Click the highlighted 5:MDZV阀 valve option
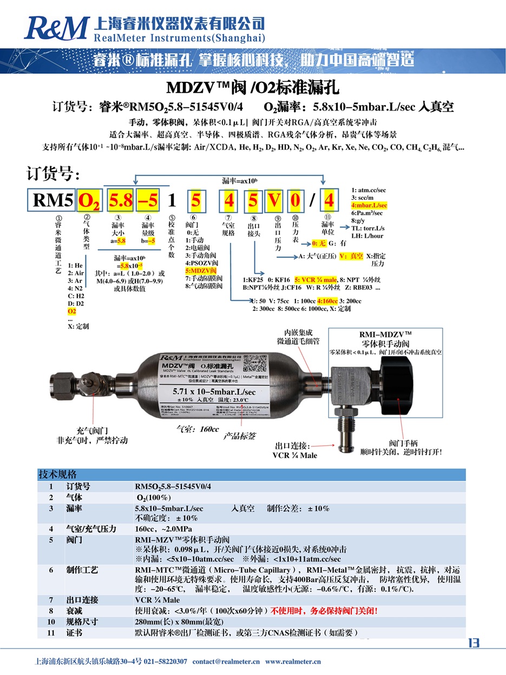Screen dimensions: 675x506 tap(201, 270)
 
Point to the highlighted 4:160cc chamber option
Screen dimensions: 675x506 tap(327, 301)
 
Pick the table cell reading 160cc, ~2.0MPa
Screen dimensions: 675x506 tap(163, 529)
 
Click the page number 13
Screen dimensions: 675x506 tap(473, 643)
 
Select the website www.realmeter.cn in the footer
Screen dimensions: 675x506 tap(293, 661)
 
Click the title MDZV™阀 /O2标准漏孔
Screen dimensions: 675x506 tap(252, 87)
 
